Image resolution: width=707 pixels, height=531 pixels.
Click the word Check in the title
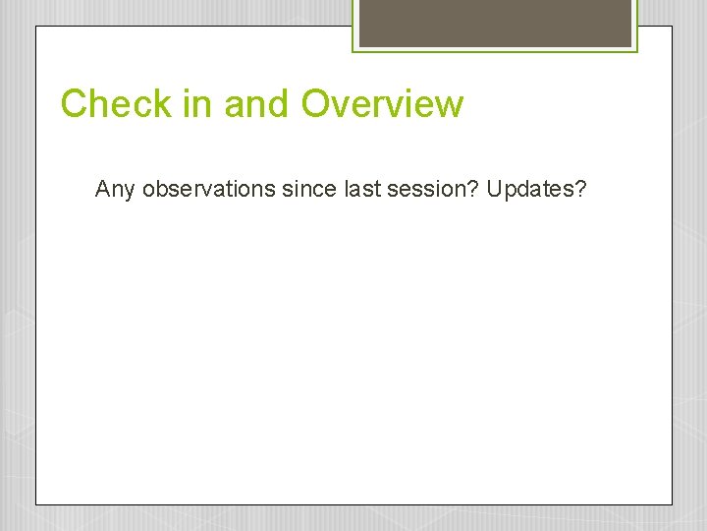pos(116,103)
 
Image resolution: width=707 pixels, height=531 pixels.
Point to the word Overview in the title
pos(382,103)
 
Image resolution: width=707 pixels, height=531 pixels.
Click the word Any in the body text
pos(115,189)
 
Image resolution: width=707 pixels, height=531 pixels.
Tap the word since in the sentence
pos(307,188)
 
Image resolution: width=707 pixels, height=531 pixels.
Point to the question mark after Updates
pos(580,188)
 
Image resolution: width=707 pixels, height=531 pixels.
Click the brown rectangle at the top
pos(495,23)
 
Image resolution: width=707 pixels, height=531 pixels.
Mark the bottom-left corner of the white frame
pos(36,503)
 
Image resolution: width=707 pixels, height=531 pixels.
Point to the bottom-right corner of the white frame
pos(672,503)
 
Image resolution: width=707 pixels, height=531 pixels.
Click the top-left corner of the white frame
pos(36,27)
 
